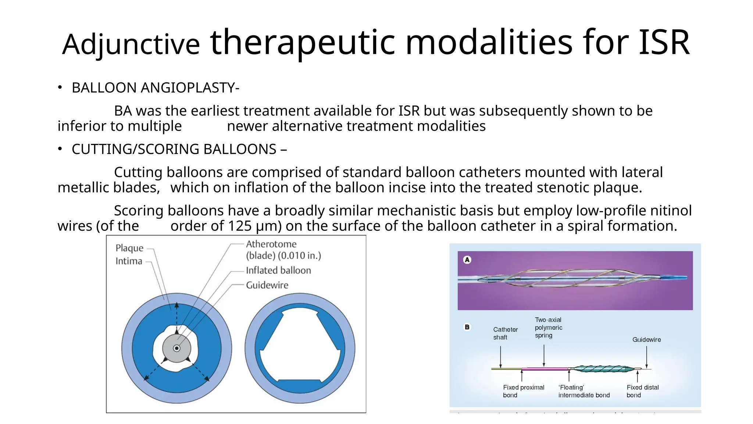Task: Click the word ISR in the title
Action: click(x=664, y=43)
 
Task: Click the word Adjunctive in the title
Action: click(x=131, y=45)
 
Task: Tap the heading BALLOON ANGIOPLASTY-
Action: click(x=155, y=88)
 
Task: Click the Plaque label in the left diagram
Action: click(x=129, y=248)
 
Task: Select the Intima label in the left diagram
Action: click(x=129, y=261)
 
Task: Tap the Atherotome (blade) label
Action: click(x=283, y=250)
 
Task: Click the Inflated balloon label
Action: click(x=278, y=271)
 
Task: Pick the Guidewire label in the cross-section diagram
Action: click(x=267, y=285)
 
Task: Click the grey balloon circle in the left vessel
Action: click(x=177, y=348)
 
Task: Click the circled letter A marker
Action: click(x=467, y=260)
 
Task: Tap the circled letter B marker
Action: click(x=467, y=327)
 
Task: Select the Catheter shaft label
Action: click(x=505, y=333)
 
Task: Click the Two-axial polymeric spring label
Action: click(x=548, y=328)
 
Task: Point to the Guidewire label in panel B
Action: click(x=646, y=340)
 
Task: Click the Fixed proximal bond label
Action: click(x=523, y=391)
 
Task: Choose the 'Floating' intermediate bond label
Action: click(x=584, y=391)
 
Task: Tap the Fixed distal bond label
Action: click(x=642, y=391)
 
